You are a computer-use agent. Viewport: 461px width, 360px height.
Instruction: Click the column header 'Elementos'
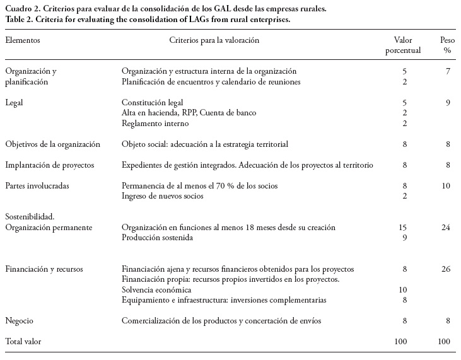click(x=23, y=40)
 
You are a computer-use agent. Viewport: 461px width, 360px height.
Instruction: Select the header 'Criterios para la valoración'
click(x=214, y=40)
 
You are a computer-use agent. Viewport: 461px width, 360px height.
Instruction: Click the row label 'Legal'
click(x=15, y=102)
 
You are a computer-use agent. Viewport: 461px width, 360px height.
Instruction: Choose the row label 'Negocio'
click(x=20, y=321)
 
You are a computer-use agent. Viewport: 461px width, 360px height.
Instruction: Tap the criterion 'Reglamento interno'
click(x=155, y=123)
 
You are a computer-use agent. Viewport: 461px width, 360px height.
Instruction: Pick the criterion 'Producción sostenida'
click(x=157, y=238)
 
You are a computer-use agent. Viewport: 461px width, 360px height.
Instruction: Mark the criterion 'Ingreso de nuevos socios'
click(x=163, y=196)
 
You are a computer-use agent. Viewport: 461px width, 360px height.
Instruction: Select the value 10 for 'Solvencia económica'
click(x=404, y=289)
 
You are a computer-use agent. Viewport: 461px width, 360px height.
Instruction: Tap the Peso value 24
click(x=446, y=227)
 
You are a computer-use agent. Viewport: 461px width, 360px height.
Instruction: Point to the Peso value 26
click(x=446, y=269)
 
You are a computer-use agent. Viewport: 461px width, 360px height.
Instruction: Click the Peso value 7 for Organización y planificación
click(x=448, y=71)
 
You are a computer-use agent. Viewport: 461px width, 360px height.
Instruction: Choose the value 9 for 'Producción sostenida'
click(x=404, y=238)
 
